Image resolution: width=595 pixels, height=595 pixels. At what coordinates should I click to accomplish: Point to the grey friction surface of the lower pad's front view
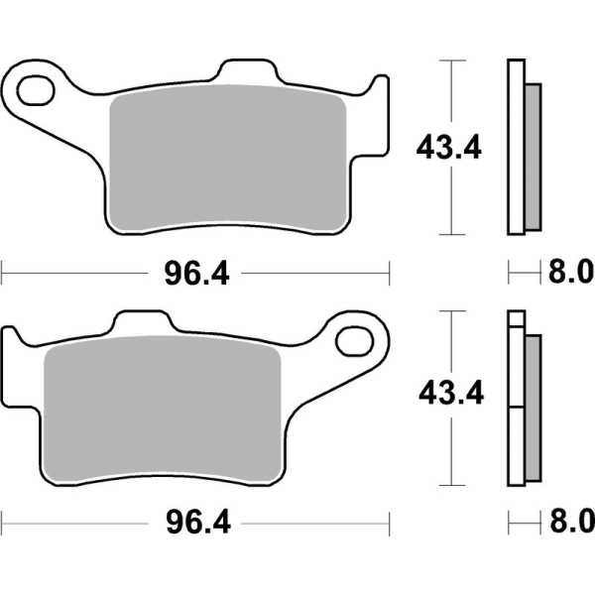164,412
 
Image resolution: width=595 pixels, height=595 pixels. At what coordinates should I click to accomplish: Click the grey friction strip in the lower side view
532,407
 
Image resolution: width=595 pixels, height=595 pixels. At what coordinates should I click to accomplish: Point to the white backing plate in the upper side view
515,149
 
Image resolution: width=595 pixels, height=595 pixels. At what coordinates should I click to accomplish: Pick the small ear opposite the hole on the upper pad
378,89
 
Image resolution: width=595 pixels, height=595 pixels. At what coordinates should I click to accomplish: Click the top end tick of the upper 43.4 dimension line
452,61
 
